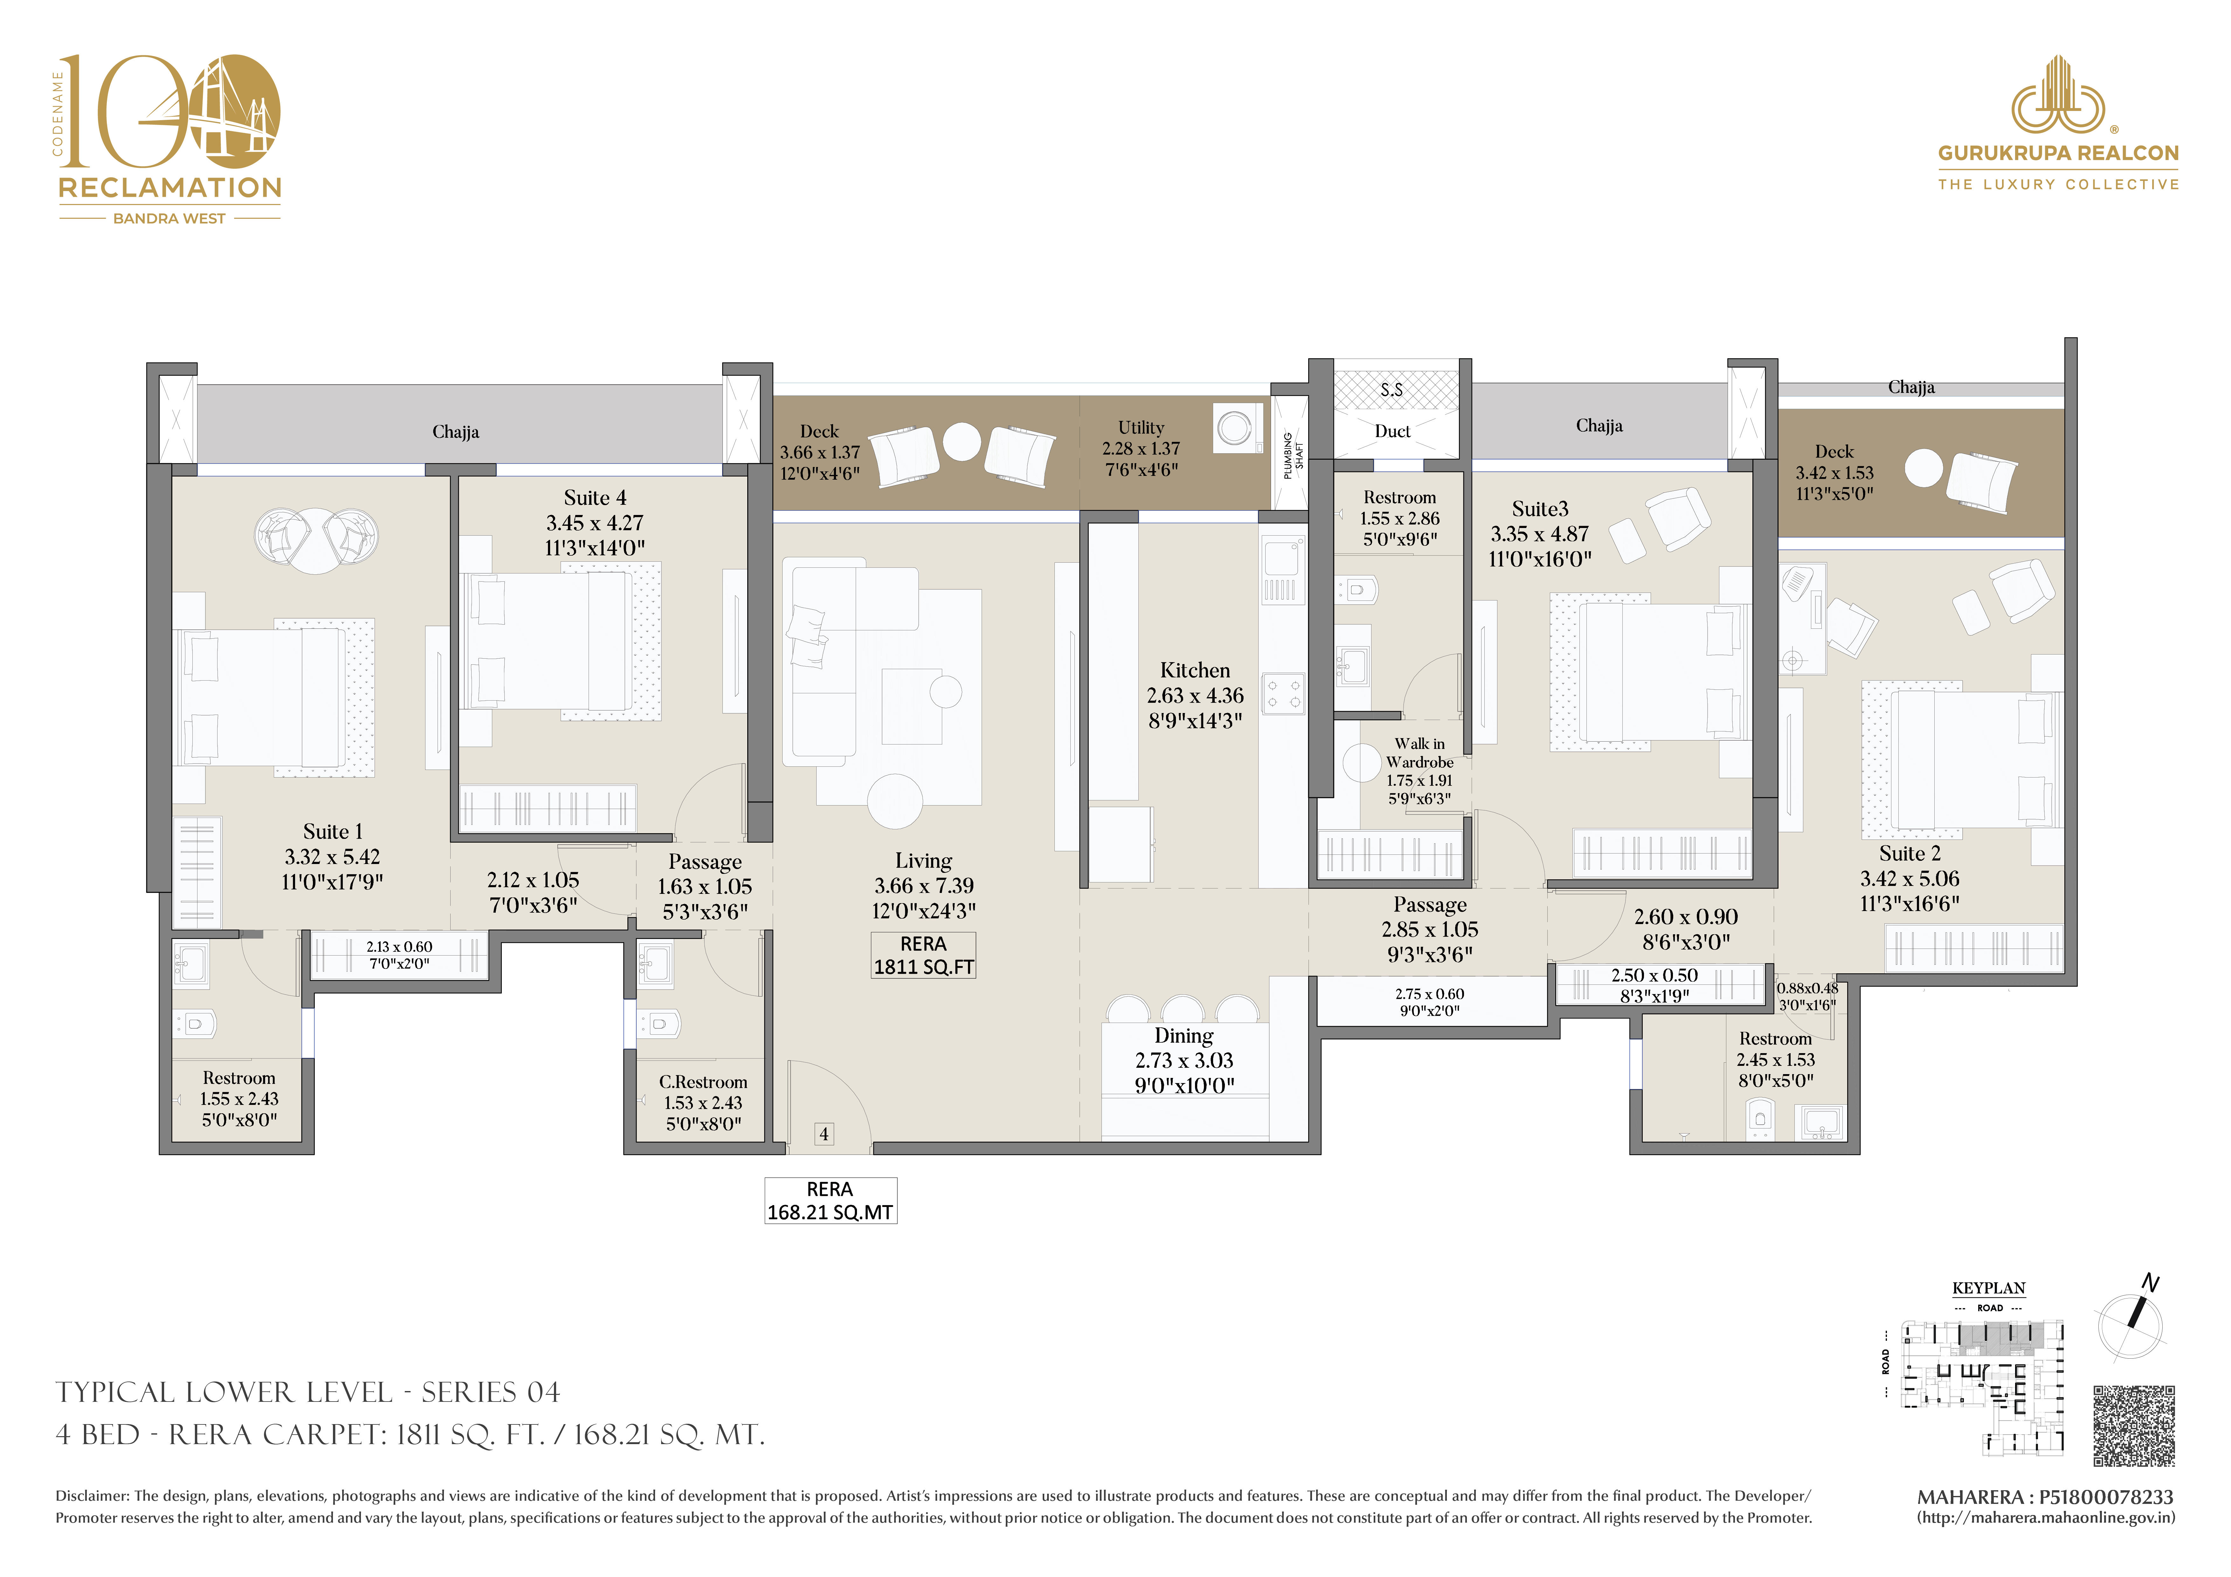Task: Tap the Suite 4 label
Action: tap(595, 497)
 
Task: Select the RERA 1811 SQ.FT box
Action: tap(923, 955)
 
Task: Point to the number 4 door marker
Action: tap(824, 1134)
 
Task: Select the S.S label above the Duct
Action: tap(1392, 390)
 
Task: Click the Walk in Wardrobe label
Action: tap(1419, 753)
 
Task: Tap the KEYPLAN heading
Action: tap(1989, 1288)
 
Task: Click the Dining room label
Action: tap(1184, 1036)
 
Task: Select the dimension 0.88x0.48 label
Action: tap(1807, 988)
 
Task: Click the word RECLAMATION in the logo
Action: tap(170, 188)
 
